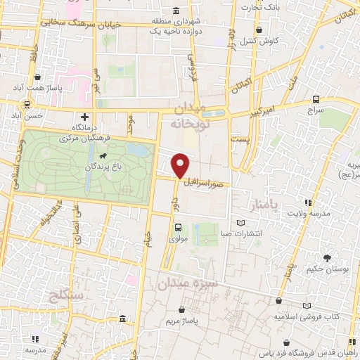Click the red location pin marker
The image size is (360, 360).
pos(181,166)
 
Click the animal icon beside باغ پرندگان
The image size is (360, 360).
pos(104,155)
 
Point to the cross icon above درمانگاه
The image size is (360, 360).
pos(85,117)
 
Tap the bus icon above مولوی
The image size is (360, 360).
pos(178,227)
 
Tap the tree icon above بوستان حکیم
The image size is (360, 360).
pos(326,257)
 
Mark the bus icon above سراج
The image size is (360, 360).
pos(316,100)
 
